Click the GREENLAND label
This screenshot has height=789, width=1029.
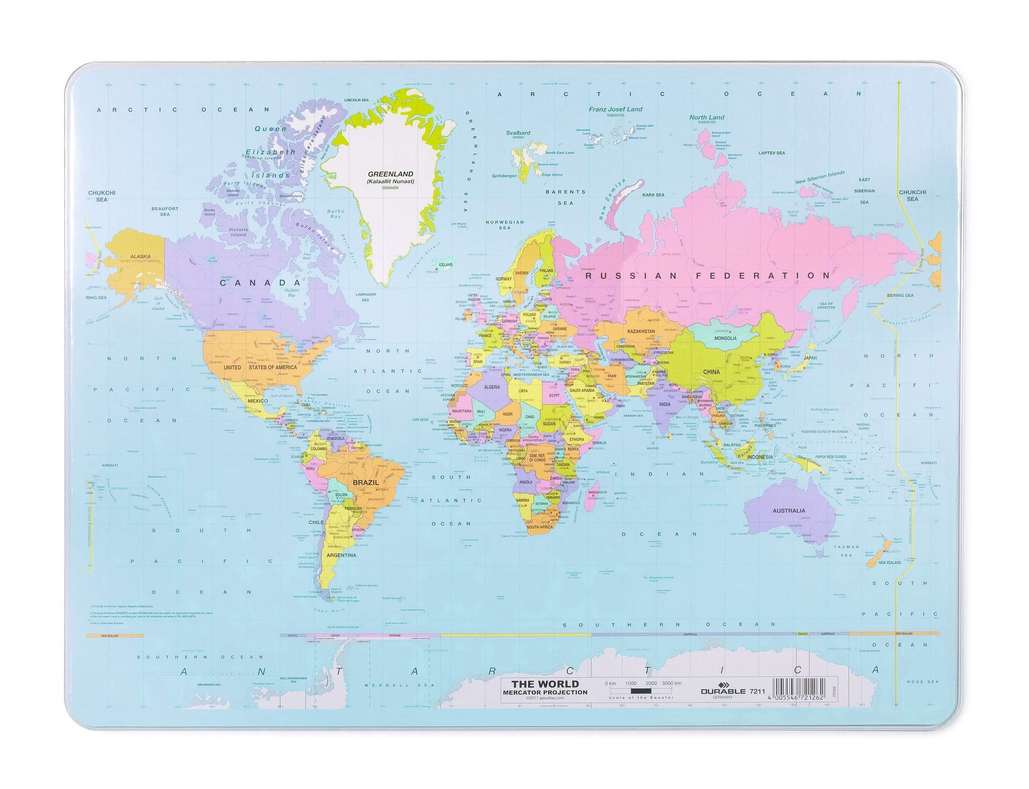[x=390, y=173]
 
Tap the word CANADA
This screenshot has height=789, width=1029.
[x=261, y=282]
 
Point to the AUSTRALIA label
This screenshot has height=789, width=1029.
[x=789, y=510]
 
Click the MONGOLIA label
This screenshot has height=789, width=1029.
[x=725, y=338]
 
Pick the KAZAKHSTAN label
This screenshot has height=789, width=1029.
[x=641, y=331]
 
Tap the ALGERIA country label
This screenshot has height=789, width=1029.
[x=492, y=387]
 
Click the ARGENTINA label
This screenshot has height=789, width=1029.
[x=341, y=555]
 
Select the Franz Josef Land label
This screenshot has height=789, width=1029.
[x=615, y=109]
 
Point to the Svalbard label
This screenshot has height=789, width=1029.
[x=518, y=133]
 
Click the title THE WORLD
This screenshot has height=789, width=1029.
[x=545, y=684]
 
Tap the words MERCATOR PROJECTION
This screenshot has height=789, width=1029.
[x=545, y=692]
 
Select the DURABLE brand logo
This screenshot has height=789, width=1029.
[x=722, y=691]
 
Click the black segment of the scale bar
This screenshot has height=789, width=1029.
[x=641, y=691]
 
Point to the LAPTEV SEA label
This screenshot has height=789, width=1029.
[x=771, y=153]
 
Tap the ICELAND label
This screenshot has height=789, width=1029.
[x=445, y=264]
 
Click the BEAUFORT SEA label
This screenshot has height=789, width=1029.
[x=165, y=211]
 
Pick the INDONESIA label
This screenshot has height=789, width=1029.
[x=759, y=457]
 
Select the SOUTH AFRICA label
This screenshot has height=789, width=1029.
[x=540, y=527]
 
